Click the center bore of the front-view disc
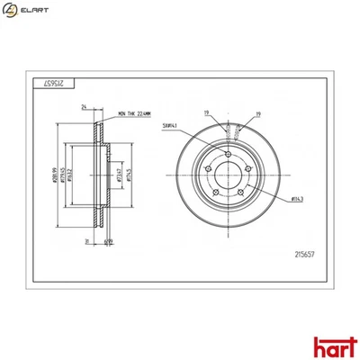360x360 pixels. (x=232, y=177)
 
